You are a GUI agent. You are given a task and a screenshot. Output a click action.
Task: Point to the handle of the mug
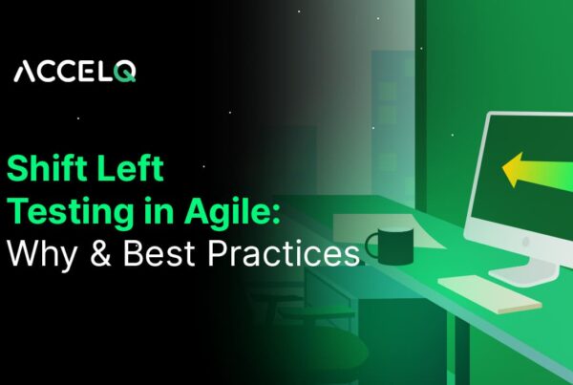pos(371,246)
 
